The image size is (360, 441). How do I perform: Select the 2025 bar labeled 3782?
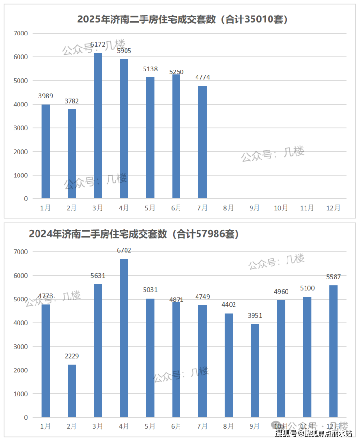(x=72, y=154)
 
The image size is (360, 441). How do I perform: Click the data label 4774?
(x=202, y=77)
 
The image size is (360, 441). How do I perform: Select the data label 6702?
(x=124, y=250)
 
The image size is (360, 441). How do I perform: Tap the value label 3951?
(x=254, y=315)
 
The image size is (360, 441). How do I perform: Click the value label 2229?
(x=72, y=356)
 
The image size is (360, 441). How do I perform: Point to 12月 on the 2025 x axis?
(x=333, y=208)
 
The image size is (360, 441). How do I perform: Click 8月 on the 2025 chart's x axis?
(x=229, y=208)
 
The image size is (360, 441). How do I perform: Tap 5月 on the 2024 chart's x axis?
(x=150, y=426)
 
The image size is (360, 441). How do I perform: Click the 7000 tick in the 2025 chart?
(x=21, y=33)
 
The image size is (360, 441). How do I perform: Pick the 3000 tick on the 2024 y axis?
(x=21, y=347)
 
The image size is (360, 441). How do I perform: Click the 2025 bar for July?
(x=202, y=142)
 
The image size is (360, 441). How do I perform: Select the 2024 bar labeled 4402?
(x=229, y=365)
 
